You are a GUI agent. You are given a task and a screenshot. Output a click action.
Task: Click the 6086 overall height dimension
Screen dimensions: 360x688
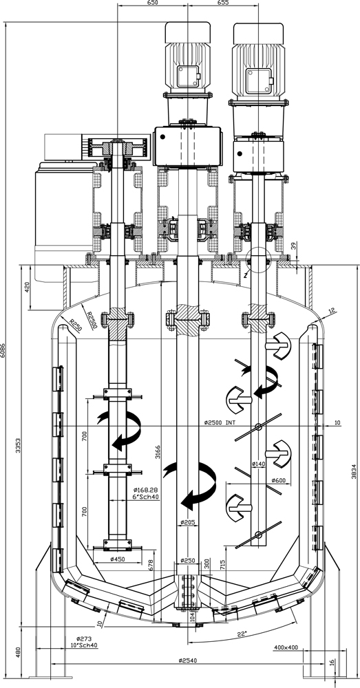(3, 350)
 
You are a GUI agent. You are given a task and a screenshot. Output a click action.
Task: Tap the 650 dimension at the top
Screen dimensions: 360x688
(152, 3)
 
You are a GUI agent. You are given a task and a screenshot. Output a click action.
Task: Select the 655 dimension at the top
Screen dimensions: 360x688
(223, 3)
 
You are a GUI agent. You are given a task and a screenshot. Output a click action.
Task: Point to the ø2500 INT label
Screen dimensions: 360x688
(220, 423)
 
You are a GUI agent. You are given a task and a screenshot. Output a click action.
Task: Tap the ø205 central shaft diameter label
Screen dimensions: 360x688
(187, 522)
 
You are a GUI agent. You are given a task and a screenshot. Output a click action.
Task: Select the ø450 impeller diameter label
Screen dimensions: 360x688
(118, 559)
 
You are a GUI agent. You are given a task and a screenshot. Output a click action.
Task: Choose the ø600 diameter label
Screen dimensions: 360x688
(279, 480)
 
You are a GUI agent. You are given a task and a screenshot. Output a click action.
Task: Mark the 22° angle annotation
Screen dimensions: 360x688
(242, 634)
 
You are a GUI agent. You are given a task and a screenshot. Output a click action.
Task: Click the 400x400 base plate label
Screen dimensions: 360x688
(286, 647)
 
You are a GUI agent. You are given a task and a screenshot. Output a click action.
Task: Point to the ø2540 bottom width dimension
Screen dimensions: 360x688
(187, 660)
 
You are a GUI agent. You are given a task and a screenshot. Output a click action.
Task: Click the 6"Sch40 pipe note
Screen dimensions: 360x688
(146, 497)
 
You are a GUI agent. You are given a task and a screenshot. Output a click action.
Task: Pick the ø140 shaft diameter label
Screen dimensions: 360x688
(259, 463)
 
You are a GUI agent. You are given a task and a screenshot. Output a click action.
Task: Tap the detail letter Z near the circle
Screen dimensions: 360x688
(246, 275)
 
